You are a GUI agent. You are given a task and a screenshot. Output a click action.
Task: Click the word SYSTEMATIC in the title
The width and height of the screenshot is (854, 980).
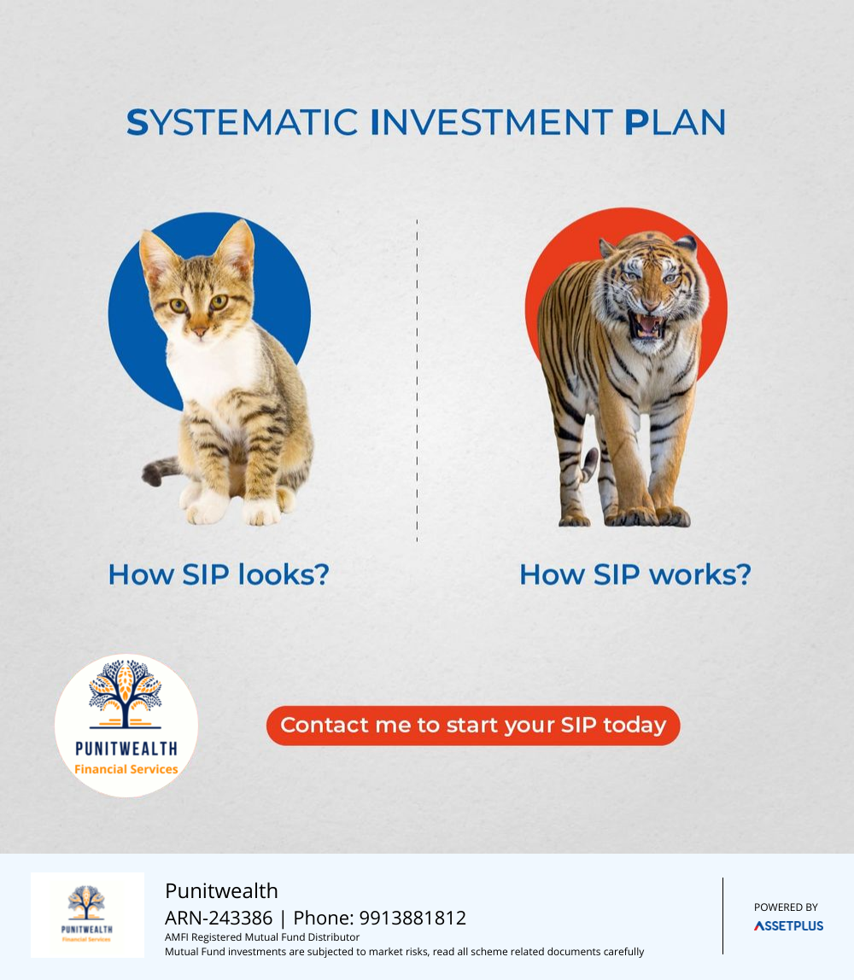pyautogui.click(x=242, y=122)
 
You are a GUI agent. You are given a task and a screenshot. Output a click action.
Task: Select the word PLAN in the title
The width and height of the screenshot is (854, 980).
pyautogui.click(x=676, y=122)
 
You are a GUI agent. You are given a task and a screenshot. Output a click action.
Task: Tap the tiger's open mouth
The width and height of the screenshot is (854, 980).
pyautogui.click(x=647, y=325)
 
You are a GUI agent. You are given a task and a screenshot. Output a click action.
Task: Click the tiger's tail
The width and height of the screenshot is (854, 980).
pyautogui.click(x=588, y=465)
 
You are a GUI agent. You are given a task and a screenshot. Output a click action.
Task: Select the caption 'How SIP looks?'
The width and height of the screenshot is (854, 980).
pyautogui.click(x=219, y=575)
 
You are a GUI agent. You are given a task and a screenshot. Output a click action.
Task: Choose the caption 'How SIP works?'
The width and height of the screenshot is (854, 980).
pyautogui.click(x=635, y=575)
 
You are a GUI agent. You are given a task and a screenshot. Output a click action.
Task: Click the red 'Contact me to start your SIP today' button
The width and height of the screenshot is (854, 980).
pyautogui.click(x=473, y=726)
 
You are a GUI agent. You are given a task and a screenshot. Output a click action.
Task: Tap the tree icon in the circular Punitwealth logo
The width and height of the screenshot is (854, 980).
pyautogui.click(x=126, y=694)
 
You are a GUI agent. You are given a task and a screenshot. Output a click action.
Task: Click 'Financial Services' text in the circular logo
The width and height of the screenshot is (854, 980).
pyautogui.click(x=126, y=769)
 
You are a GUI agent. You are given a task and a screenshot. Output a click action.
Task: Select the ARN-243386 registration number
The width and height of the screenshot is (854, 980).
pyautogui.click(x=219, y=918)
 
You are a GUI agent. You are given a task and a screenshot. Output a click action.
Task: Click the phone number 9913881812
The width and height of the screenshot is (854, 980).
pyautogui.click(x=412, y=918)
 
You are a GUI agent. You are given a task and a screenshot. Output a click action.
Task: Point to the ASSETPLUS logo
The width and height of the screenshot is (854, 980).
pyautogui.click(x=788, y=925)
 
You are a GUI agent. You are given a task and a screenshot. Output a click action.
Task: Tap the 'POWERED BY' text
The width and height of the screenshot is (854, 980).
pyautogui.click(x=786, y=907)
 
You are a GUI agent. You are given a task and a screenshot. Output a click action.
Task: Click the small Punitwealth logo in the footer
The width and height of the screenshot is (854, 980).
pyautogui.click(x=87, y=914)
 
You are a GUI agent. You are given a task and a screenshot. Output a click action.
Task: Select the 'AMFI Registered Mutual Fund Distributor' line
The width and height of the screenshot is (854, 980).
pyautogui.click(x=262, y=936)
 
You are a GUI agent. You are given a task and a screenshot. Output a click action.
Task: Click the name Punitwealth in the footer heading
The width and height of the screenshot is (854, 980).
pyautogui.click(x=221, y=890)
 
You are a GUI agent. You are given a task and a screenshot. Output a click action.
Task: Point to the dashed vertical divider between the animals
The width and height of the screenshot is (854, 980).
pyautogui.click(x=417, y=380)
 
